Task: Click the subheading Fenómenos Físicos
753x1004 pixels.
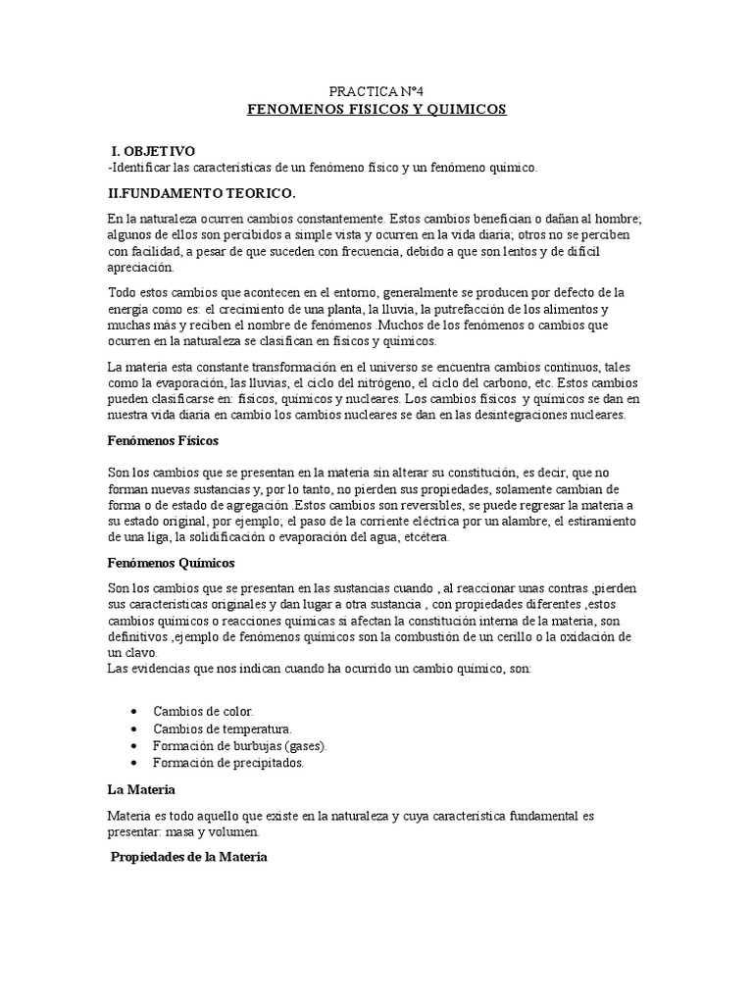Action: [x=163, y=441]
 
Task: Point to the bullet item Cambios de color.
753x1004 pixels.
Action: [x=203, y=710]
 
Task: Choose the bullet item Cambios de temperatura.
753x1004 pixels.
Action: [x=223, y=728]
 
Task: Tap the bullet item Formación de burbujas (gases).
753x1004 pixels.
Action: [x=239, y=745]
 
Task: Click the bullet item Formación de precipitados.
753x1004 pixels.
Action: [x=228, y=762]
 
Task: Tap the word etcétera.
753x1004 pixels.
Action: [x=427, y=538]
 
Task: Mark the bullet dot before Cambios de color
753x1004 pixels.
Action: [x=132, y=710]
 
